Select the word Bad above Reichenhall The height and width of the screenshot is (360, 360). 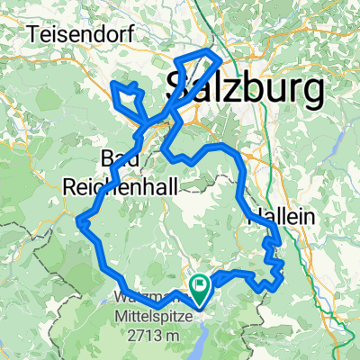tap(121, 159)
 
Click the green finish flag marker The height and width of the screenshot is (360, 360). tap(200, 286)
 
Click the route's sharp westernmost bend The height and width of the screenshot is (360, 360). tap(80, 219)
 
